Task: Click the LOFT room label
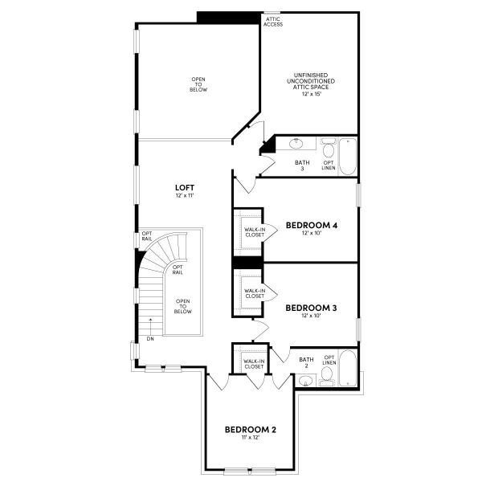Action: [x=185, y=187]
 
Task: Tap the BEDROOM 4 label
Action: [x=312, y=225]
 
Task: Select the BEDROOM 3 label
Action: [x=311, y=308]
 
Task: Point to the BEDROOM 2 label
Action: [x=250, y=430]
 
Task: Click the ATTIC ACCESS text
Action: [x=273, y=22]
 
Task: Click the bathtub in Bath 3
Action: [x=348, y=157]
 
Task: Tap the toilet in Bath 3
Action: [x=329, y=148]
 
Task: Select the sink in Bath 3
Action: [x=296, y=144]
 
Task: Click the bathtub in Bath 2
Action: [x=348, y=368]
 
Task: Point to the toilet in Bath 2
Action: [x=327, y=376]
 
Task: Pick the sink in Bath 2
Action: [x=305, y=381]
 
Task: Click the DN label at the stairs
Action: [x=150, y=339]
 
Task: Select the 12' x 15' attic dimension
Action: [x=311, y=94]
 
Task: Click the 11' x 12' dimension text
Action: [x=250, y=438]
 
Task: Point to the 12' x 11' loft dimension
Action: [x=185, y=195]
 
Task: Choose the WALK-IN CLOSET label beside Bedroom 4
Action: [x=255, y=232]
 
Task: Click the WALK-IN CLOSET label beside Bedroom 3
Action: [x=255, y=293]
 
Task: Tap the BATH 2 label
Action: [x=307, y=362]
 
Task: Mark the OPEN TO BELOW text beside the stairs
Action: [x=183, y=306]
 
